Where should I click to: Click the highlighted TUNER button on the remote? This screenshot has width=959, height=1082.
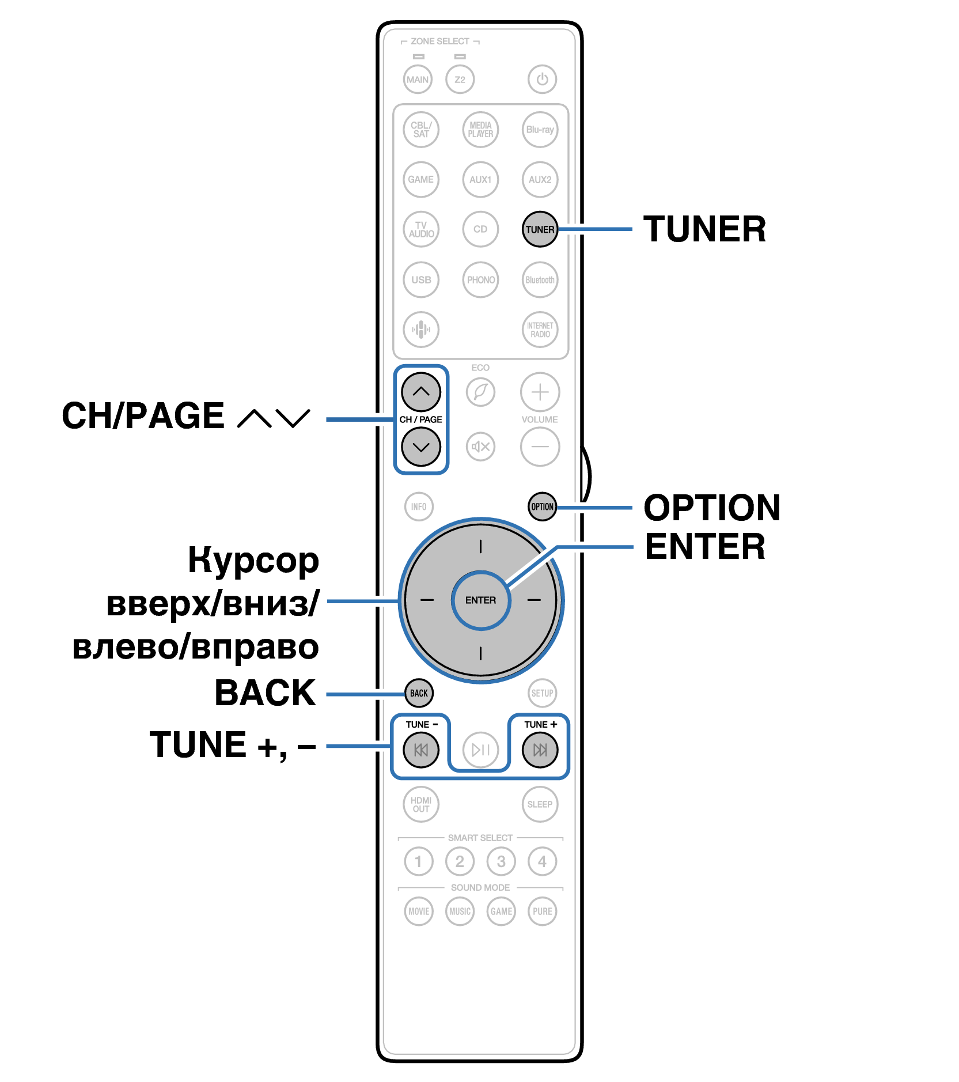pos(540,229)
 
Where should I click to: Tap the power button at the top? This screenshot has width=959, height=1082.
pos(542,80)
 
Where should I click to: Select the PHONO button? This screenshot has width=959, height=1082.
pos(480,280)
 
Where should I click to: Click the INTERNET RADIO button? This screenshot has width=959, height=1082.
pos(540,330)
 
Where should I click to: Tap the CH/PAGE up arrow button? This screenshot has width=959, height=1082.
pos(421,392)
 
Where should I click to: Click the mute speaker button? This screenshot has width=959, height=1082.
pos(480,447)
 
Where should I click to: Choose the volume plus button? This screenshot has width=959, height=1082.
pos(540,392)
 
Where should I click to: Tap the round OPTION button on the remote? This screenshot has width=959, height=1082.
pos(542,507)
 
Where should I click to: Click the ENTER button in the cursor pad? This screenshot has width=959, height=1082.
pos(480,600)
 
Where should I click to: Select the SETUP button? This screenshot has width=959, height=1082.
pos(542,693)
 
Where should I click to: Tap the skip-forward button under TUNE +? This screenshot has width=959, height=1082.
pos(540,750)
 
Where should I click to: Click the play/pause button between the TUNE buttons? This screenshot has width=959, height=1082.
pos(480,750)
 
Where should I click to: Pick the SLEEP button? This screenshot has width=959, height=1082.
pos(540,804)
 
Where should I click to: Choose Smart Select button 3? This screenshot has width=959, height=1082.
pos(501,861)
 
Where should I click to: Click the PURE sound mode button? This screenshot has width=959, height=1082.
pos(542,911)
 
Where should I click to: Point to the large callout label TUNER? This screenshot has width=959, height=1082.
pos(704,229)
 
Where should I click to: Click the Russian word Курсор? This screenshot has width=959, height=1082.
pos(253,561)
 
